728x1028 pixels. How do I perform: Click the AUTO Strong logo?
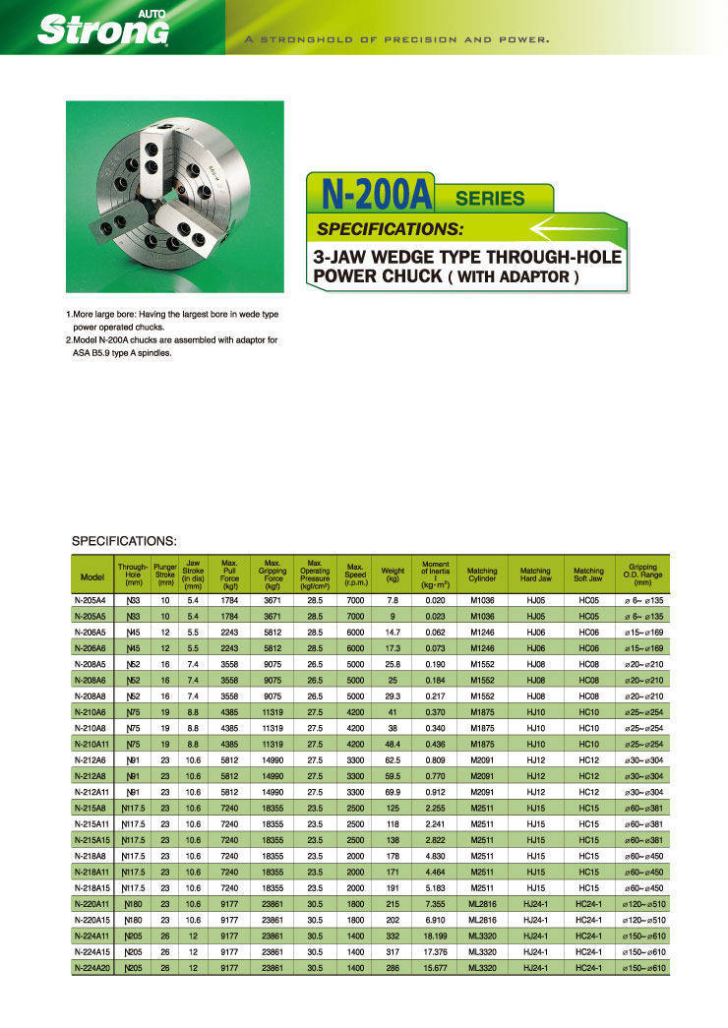pos(103,28)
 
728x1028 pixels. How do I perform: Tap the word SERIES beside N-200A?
pos(490,198)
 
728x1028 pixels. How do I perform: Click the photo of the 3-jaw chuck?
pos(174,197)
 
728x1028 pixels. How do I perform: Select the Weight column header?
pos(393,571)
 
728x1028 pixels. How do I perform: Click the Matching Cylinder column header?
pos(482,571)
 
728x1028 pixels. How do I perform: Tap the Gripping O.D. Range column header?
pos(644,571)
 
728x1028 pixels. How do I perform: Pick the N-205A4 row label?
pos(91,597)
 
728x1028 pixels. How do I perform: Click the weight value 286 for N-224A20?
pos(393,969)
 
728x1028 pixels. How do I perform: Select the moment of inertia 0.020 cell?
pos(436,597)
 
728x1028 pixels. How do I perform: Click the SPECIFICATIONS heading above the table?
pos(124,541)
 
